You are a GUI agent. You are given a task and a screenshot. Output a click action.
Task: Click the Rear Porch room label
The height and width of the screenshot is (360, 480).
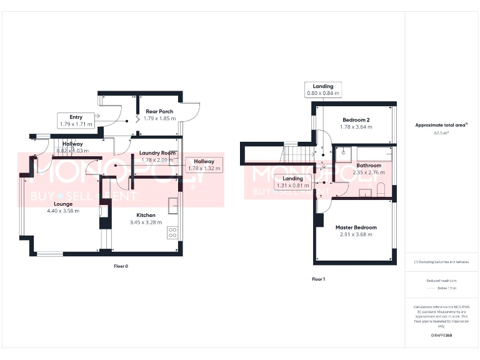click(158, 111)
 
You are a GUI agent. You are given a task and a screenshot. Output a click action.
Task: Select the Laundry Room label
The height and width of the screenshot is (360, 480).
click(157, 152)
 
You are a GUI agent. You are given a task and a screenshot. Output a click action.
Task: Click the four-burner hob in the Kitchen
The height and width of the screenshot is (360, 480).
click(172, 232)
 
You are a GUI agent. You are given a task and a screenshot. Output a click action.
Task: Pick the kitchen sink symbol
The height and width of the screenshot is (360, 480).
click(173, 204)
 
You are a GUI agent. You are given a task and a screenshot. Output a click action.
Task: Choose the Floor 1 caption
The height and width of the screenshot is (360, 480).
click(318, 279)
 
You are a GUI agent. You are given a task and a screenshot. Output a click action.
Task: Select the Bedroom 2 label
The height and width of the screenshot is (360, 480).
click(357, 119)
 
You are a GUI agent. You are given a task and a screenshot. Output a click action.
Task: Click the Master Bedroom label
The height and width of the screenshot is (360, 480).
click(356, 227)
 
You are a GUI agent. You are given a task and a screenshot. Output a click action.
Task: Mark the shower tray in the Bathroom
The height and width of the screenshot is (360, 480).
click(346, 152)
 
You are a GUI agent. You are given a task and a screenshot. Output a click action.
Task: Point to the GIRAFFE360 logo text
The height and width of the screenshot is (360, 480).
click(441, 336)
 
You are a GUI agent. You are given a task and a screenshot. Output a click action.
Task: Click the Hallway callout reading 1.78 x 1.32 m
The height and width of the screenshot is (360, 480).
click(204, 165)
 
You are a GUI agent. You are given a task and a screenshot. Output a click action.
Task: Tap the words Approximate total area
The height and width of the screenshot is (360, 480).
click(440, 125)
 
